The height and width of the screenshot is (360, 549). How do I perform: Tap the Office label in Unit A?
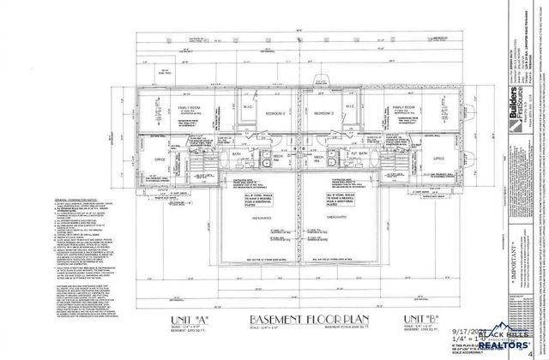[x=160, y=159]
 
